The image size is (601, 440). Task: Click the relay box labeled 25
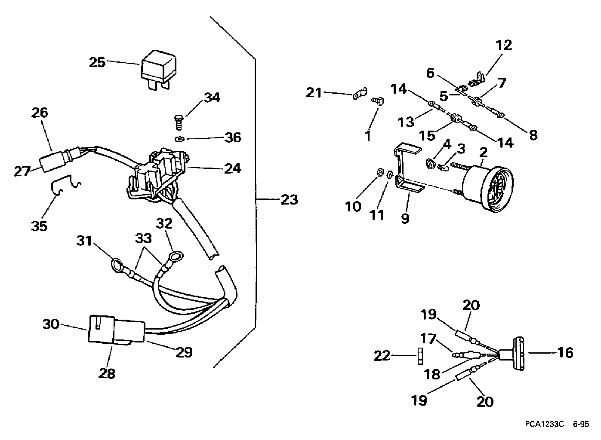[158, 69]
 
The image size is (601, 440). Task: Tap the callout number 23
[289, 200]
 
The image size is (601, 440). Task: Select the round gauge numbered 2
[483, 185]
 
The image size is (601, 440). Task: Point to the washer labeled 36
[179, 139]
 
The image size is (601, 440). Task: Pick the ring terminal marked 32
[176, 256]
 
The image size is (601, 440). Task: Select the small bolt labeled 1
[377, 101]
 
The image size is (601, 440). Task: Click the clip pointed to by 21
[360, 93]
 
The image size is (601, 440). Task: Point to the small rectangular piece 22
[420, 356]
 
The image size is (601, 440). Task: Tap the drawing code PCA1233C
[544, 425]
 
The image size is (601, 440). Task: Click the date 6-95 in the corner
[581, 425]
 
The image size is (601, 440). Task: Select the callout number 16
[565, 353]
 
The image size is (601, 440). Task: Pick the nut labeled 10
[379, 172]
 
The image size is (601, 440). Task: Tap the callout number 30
[51, 324]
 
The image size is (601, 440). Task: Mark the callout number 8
[533, 135]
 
